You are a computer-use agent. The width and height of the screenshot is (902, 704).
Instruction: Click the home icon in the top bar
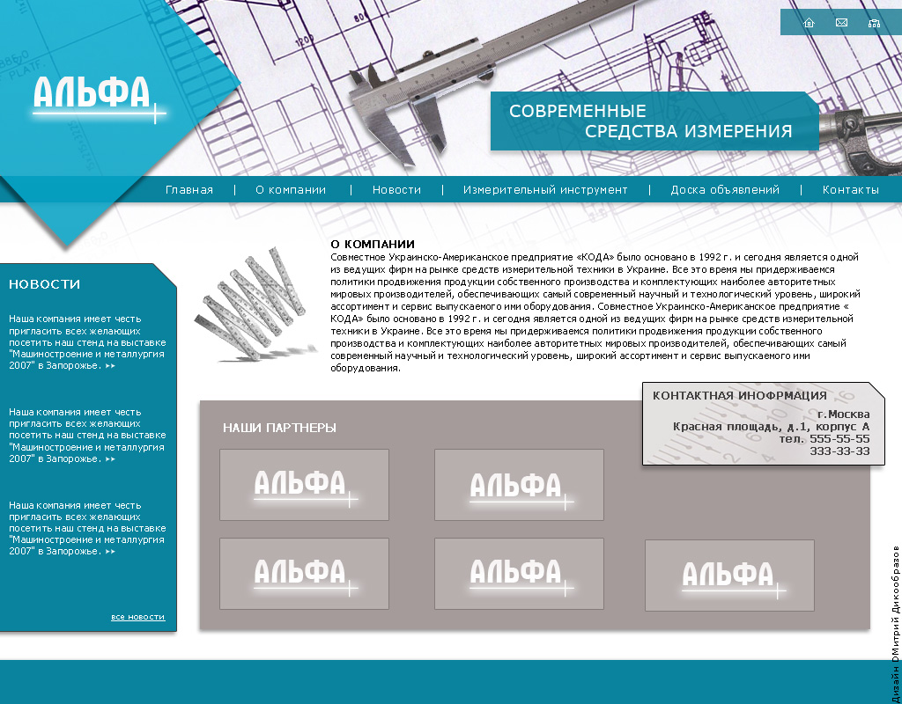pyautogui.click(x=809, y=23)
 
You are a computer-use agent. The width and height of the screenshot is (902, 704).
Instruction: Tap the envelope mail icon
pyautogui.click(x=841, y=23)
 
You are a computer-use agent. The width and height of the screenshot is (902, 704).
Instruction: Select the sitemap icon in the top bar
pyautogui.click(x=874, y=23)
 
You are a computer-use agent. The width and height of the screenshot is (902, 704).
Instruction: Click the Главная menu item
pyautogui.click(x=189, y=190)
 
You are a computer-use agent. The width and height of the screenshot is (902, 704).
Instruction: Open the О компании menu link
pyautogui.click(x=291, y=190)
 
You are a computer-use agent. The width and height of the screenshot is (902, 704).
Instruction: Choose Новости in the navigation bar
pyautogui.click(x=396, y=190)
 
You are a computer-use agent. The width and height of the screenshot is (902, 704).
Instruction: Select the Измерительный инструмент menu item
pyautogui.click(x=545, y=190)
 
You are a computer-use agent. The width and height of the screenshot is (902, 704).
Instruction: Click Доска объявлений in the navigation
pyautogui.click(x=725, y=190)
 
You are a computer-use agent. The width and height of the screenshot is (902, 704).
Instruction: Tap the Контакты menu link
pyautogui.click(x=851, y=190)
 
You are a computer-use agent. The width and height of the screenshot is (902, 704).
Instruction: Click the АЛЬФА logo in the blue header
pyautogui.click(x=92, y=95)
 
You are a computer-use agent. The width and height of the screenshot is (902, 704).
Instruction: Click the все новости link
pyautogui.click(x=137, y=617)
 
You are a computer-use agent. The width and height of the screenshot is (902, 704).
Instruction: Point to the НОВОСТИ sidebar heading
pyautogui.click(x=45, y=284)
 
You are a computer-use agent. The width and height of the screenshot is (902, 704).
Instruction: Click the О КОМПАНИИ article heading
pyautogui.click(x=373, y=244)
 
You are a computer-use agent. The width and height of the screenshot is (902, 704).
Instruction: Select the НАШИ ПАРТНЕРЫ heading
pyautogui.click(x=279, y=428)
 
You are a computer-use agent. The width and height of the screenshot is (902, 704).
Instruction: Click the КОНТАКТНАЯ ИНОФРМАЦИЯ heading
pyautogui.click(x=740, y=396)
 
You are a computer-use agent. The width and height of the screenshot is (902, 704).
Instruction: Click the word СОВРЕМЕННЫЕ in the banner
pyautogui.click(x=578, y=112)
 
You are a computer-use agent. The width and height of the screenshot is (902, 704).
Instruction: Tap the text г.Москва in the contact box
pyautogui.click(x=843, y=414)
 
